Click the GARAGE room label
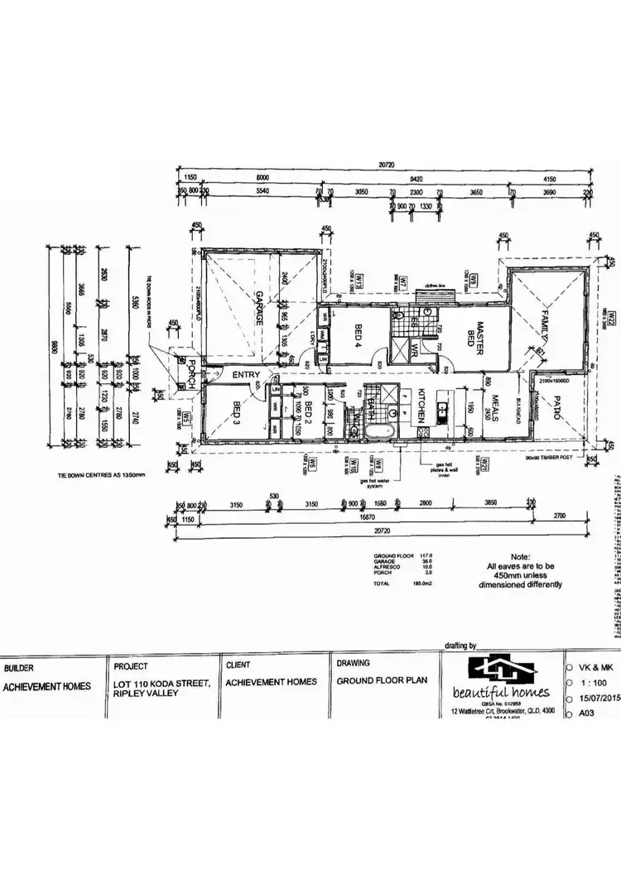point(258,308)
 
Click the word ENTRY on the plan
point(246,376)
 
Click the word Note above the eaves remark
point(520,557)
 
